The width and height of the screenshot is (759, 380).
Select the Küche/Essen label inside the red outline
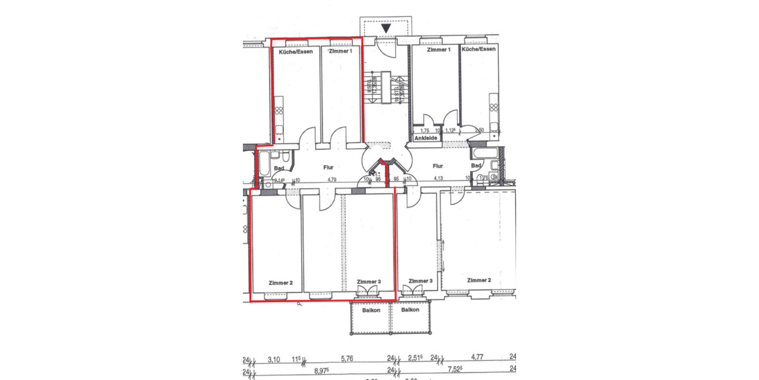click(293, 51)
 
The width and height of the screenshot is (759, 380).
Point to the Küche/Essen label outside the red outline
click(479, 49)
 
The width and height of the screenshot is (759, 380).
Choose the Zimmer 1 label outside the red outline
click(439, 49)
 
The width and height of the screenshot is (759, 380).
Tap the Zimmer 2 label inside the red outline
click(280, 283)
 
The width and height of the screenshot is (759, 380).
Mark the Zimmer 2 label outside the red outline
click(479, 280)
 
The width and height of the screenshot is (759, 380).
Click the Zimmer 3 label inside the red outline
click(368, 282)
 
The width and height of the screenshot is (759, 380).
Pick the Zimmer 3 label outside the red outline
click(420, 281)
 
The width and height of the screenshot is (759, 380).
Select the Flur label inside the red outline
click(328, 168)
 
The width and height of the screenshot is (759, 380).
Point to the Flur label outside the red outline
click(437, 166)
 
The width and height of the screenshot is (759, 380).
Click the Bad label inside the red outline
click(279, 168)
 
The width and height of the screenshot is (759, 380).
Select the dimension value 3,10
click(275, 358)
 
